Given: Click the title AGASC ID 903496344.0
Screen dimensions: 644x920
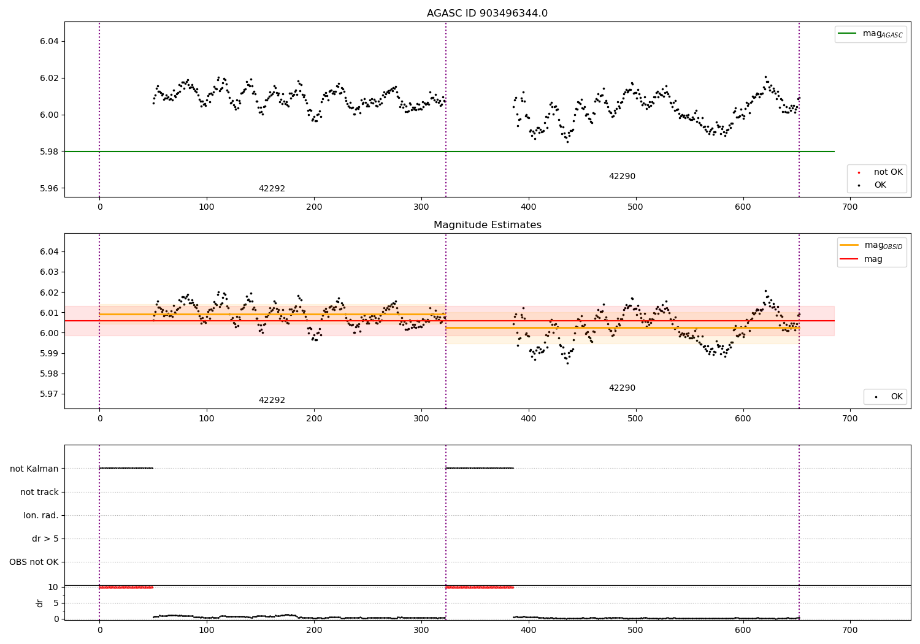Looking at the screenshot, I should click(487, 13).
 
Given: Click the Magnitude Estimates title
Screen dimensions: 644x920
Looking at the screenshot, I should click(487, 225).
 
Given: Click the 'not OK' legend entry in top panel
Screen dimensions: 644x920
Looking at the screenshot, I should click(887, 172).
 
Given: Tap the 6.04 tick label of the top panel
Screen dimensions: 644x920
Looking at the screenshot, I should click(49, 41).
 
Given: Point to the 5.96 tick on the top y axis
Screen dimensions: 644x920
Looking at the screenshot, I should click(49, 188).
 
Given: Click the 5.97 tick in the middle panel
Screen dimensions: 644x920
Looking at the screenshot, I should click(49, 394).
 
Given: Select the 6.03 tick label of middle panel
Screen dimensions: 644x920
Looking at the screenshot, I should click(49, 272).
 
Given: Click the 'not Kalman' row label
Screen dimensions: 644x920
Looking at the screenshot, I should click(34, 469).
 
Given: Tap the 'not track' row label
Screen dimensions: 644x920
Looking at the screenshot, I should click(39, 492).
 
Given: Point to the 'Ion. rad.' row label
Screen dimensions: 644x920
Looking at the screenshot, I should click(41, 515).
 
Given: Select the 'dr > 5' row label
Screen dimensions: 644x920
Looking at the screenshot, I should click(45, 539).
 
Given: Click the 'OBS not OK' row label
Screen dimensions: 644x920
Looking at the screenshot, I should click(34, 562).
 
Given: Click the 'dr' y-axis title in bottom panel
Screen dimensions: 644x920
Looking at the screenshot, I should click(40, 603).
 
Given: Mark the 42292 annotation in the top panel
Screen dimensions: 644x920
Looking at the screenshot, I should click(272, 189).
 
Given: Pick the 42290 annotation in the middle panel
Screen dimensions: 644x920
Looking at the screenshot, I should click(622, 388).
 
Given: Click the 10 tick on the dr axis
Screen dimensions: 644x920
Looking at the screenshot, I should click(53, 587).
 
